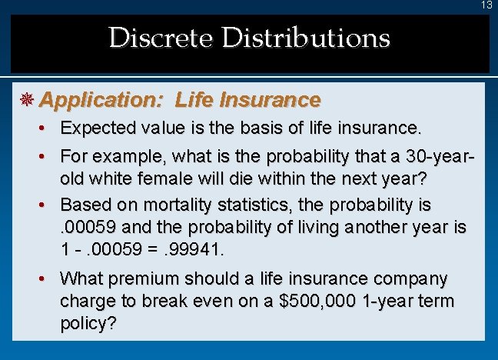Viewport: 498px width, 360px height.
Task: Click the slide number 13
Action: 486,5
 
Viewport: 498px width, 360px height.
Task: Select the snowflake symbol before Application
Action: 28,100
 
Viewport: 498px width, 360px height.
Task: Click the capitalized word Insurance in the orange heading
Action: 270,100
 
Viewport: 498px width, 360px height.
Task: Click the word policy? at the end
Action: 88,324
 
